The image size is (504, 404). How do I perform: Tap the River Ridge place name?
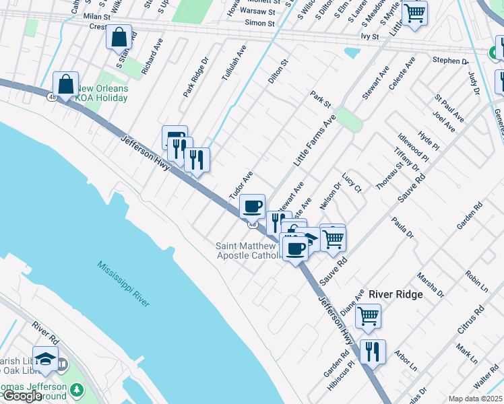point(396,294)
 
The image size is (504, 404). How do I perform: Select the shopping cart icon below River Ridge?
point(368,316)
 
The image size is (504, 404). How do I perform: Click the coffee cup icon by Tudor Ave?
point(252,205)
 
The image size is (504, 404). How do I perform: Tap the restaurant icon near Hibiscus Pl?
point(372,351)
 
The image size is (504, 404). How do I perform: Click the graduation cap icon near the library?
point(45,358)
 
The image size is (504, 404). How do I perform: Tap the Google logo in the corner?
point(22,396)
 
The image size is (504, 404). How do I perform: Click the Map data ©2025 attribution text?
point(476,399)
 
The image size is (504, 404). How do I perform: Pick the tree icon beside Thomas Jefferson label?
point(77,389)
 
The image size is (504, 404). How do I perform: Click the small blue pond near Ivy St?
point(352,53)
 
